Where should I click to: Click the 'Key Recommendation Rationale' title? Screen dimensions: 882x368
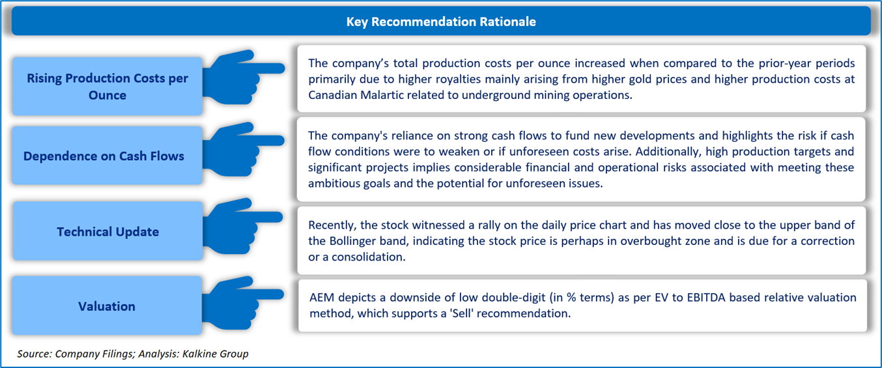441,21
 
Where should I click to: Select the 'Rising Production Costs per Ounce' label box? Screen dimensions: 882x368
107,86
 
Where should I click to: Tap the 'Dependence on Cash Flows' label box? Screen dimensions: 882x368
107,156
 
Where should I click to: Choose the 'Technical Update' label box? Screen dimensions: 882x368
107,231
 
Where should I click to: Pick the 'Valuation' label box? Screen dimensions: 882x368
107,305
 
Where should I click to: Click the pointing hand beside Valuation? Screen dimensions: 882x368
243,303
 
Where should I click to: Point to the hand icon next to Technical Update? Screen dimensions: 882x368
243,226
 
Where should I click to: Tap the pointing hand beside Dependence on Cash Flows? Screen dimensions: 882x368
243,149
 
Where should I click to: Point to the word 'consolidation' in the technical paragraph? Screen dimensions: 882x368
368,257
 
